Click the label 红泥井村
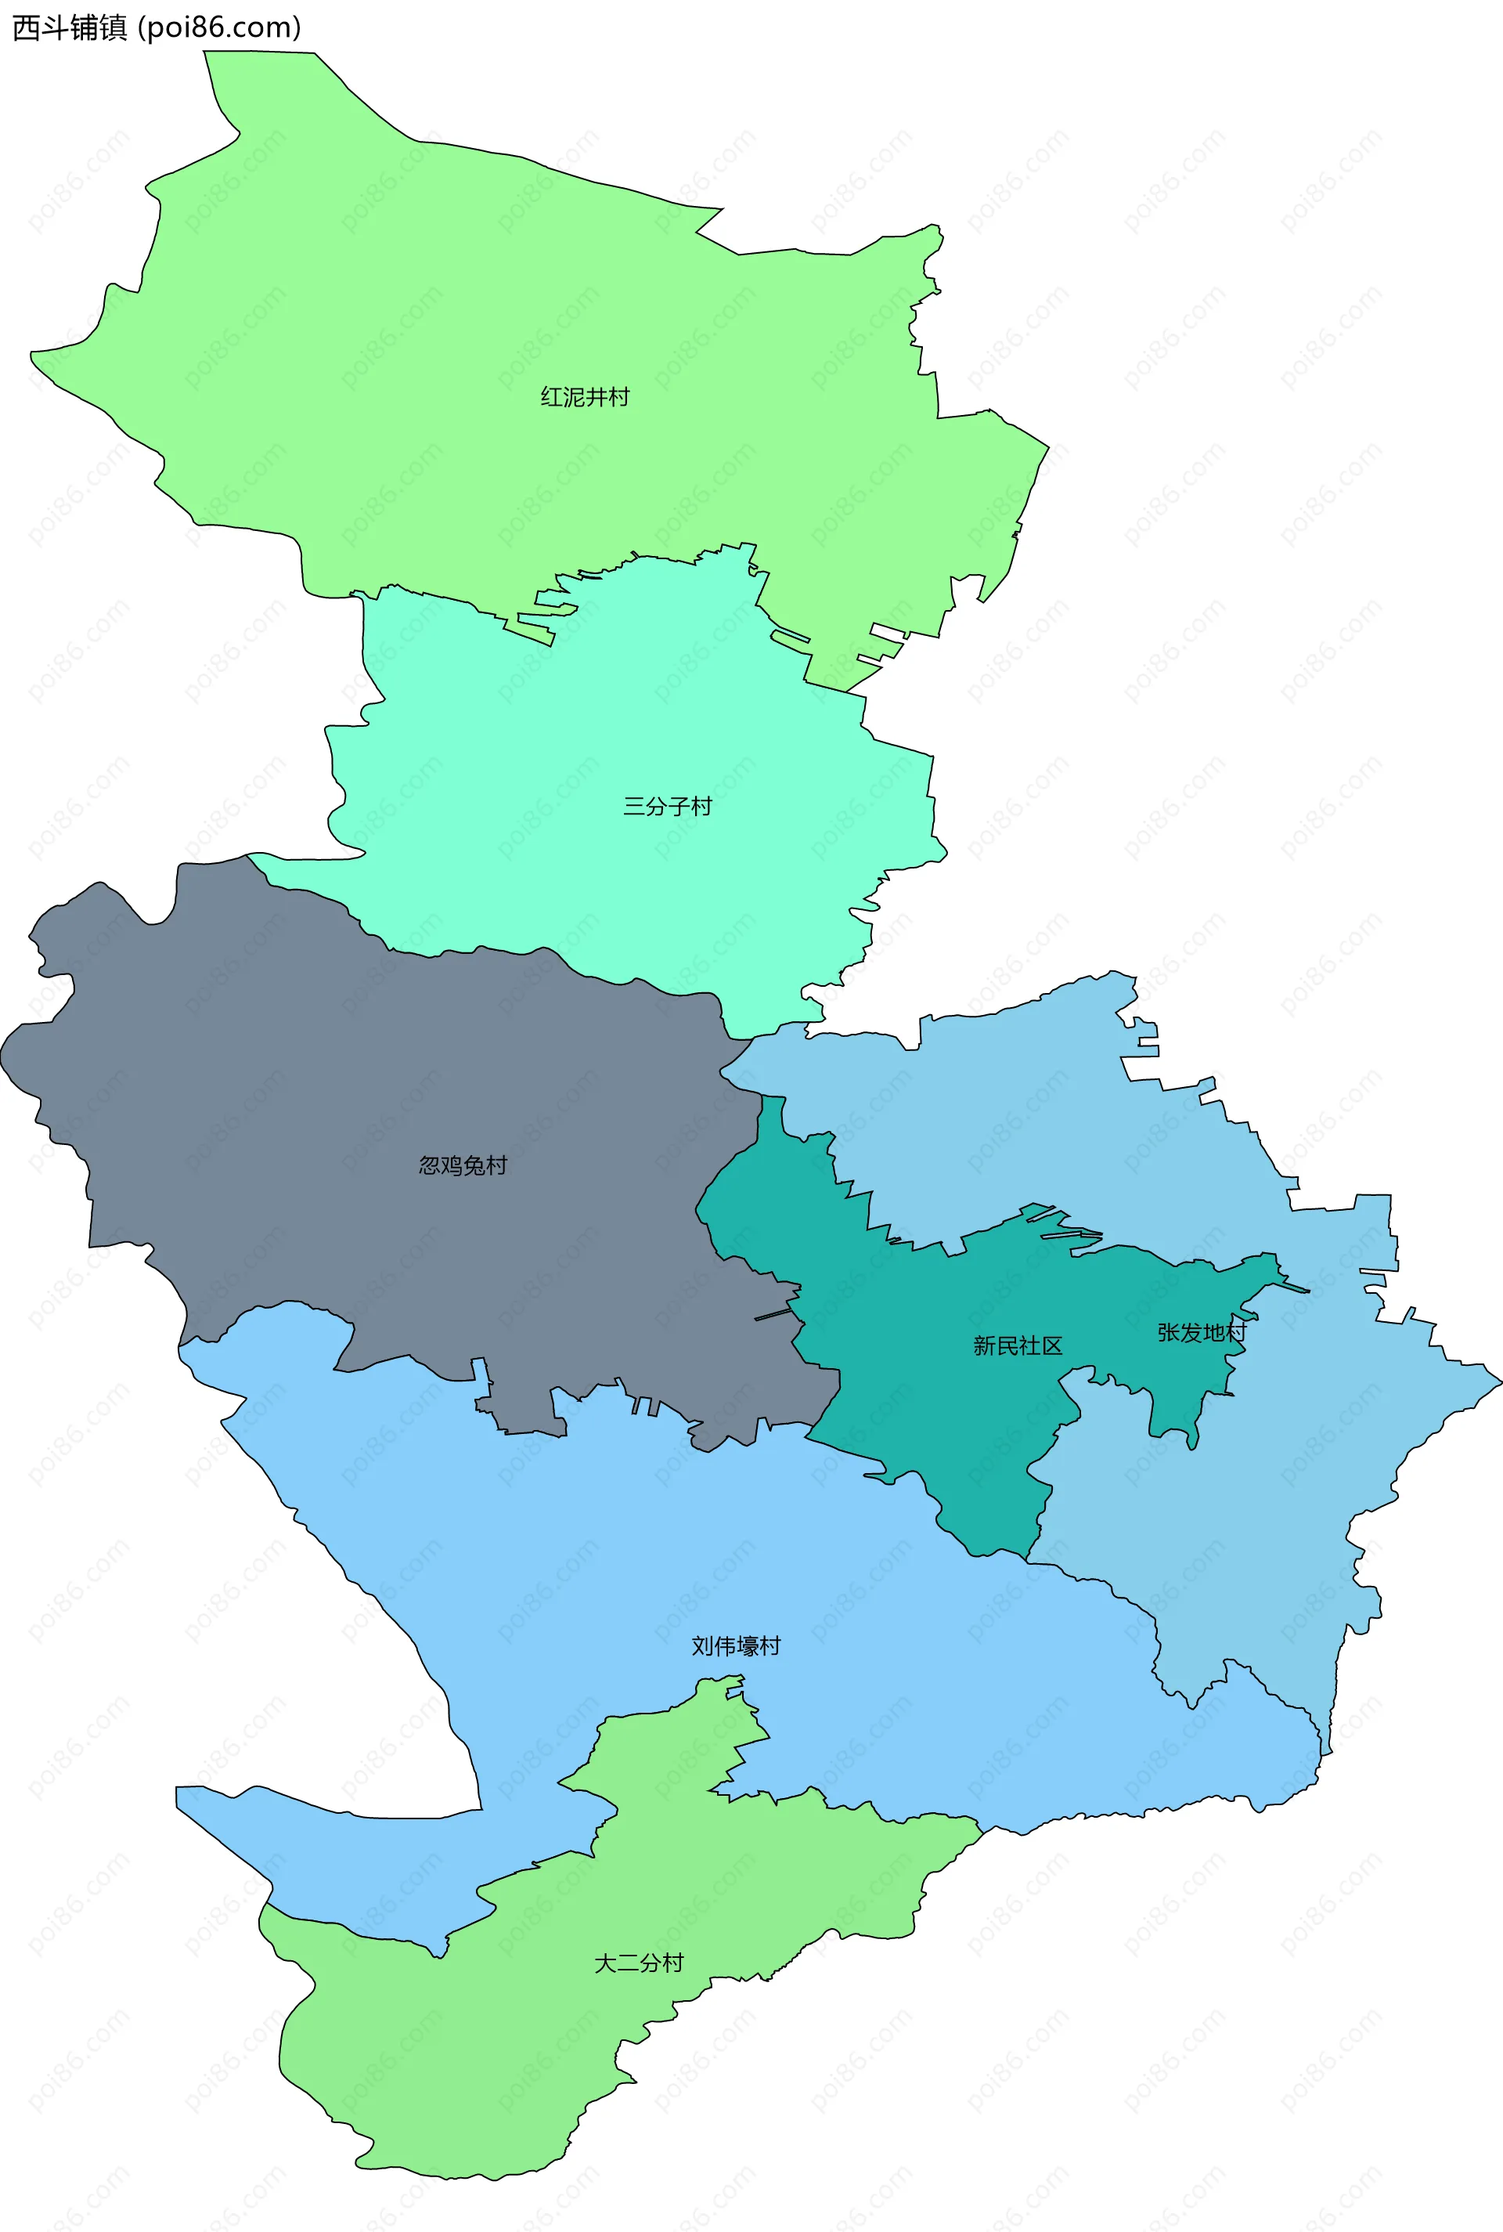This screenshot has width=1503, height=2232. click(585, 397)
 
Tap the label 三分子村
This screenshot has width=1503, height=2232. click(668, 807)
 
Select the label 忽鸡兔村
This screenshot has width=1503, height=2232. click(463, 1166)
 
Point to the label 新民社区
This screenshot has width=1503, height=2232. click(1018, 1346)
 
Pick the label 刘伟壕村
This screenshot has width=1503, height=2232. click(736, 1646)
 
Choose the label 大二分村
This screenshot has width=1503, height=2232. click(640, 1963)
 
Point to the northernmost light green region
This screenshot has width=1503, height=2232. click(479, 287)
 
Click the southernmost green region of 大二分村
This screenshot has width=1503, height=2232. click(479, 2061)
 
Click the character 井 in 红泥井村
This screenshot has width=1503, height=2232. click(597, 397)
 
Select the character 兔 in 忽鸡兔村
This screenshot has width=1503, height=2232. click(474, 1166)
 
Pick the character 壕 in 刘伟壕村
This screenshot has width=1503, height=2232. click(748, 1646)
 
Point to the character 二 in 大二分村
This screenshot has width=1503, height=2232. click(628, 1963)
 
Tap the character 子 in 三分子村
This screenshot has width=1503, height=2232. click(679, 807)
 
